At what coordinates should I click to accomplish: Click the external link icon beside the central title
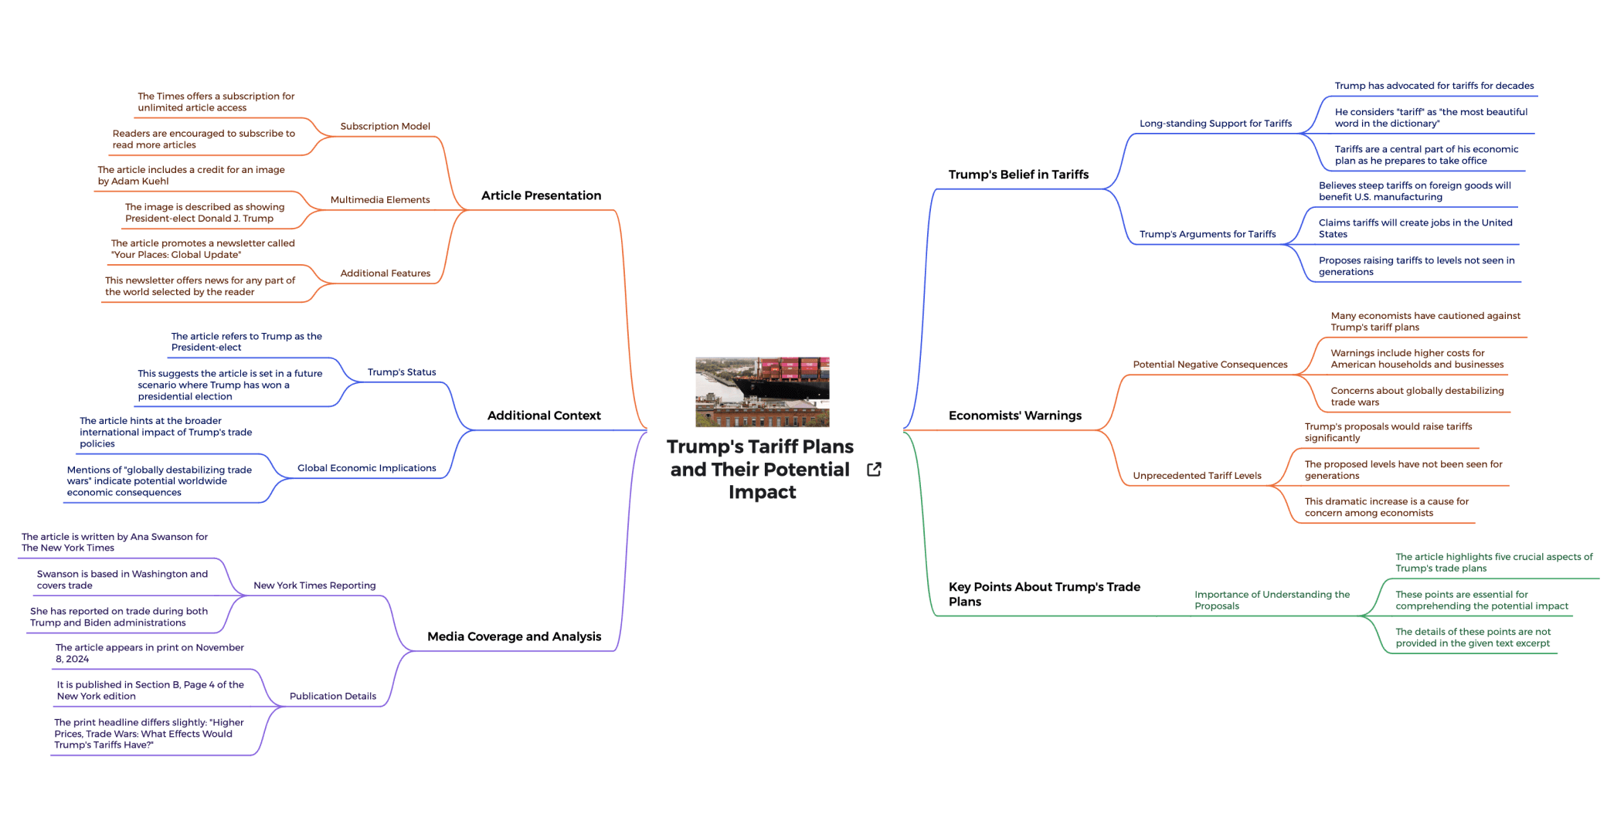pos(874,470)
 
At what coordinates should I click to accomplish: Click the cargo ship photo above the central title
pos(762,392)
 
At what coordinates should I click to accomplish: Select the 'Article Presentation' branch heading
pos(541,195)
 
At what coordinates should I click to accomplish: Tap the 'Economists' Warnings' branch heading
pos(1014,416)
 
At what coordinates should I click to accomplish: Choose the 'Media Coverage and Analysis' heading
pos(514,636)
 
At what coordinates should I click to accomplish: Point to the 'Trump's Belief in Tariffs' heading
pos(1018,175)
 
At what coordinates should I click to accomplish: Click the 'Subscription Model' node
pos(385,127)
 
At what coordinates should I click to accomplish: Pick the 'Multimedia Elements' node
pos(379,200)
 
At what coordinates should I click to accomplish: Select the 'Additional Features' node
pos(385,273)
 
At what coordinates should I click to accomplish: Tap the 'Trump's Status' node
pos(401,372)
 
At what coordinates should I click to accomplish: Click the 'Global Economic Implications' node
pos(366,468)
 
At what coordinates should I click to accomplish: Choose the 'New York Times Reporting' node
pos(314,585)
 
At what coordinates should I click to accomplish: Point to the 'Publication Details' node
pos(332,696)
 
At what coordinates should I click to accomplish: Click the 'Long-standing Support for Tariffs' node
pos(1215,124)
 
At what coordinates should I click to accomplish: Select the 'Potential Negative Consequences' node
pos(1210,365)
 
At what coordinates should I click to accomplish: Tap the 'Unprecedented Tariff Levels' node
pos(1197,476)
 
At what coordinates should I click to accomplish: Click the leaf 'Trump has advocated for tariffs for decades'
pos(1434,86)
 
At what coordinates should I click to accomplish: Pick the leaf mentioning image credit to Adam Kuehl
pos(191,175)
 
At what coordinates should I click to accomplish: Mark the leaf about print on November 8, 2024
pos(149,653)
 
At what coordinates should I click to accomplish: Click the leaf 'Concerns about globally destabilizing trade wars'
pos(1417,396)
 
